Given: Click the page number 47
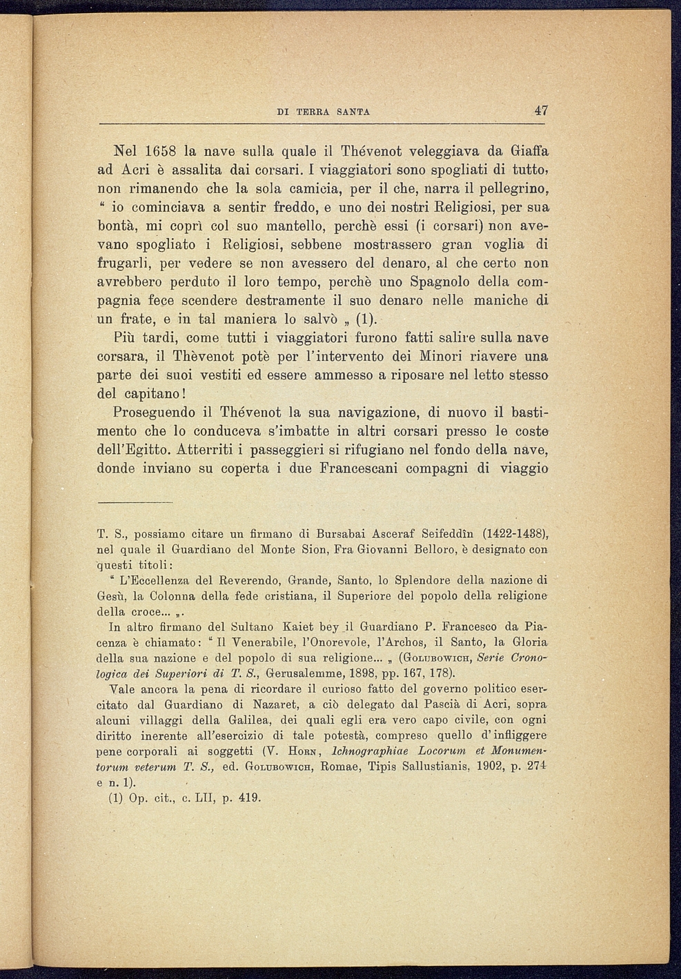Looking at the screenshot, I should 540,110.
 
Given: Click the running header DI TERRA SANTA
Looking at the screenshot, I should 323,112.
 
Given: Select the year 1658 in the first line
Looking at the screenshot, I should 163,150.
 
